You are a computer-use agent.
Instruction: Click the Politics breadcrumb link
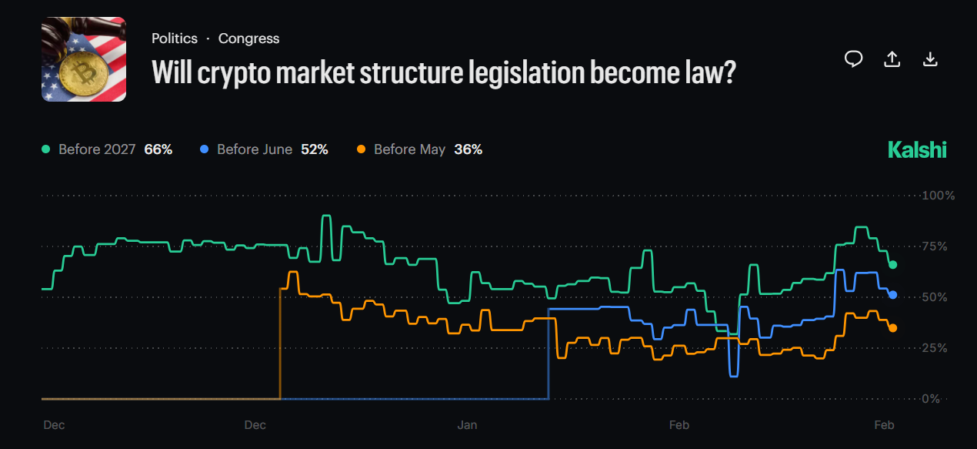[175, 39]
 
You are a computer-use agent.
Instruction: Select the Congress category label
[248, 39]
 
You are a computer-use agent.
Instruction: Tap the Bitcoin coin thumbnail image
[83, 60]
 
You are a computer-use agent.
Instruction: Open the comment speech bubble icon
[853, 59]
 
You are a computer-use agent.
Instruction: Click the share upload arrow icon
[892, 59]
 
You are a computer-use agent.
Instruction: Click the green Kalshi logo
[917, 149]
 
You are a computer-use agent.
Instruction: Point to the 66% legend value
[158, 149]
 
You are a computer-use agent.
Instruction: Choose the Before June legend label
[255, 149]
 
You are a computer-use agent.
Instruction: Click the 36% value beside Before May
[468, 149]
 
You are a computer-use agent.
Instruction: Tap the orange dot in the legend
[362, 149]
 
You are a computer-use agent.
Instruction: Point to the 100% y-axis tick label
[939, 196]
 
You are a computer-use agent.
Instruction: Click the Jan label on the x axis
[467, 425]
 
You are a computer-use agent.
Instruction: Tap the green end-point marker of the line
[892, 265]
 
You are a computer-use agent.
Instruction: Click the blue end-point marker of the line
[892, 295]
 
